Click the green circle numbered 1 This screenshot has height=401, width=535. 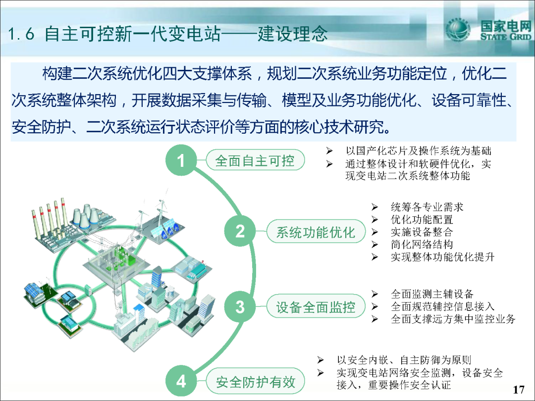[181, 160]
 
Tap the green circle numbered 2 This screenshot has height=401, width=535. [240, 231]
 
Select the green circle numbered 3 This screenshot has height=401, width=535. [240, 306]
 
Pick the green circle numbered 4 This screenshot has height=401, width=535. [181, 381]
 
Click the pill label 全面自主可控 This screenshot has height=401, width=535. [255, 160]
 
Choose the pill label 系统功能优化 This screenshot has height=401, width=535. [316, 232]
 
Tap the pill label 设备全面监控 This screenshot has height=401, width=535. [316, 306]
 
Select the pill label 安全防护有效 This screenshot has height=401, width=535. [255, 381]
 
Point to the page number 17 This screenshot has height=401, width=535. [519, 389]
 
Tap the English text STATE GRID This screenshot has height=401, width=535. [506, 37]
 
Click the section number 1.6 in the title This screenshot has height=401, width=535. [21, 34]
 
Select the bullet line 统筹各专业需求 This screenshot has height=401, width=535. [427, 206]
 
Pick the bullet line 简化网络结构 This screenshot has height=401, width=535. [422, 244]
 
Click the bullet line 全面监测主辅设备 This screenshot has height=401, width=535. [432, 294]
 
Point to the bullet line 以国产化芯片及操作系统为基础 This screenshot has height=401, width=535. [418, 150]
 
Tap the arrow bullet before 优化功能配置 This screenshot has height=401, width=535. [374, 219]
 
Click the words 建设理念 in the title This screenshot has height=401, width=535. [292, 34]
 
